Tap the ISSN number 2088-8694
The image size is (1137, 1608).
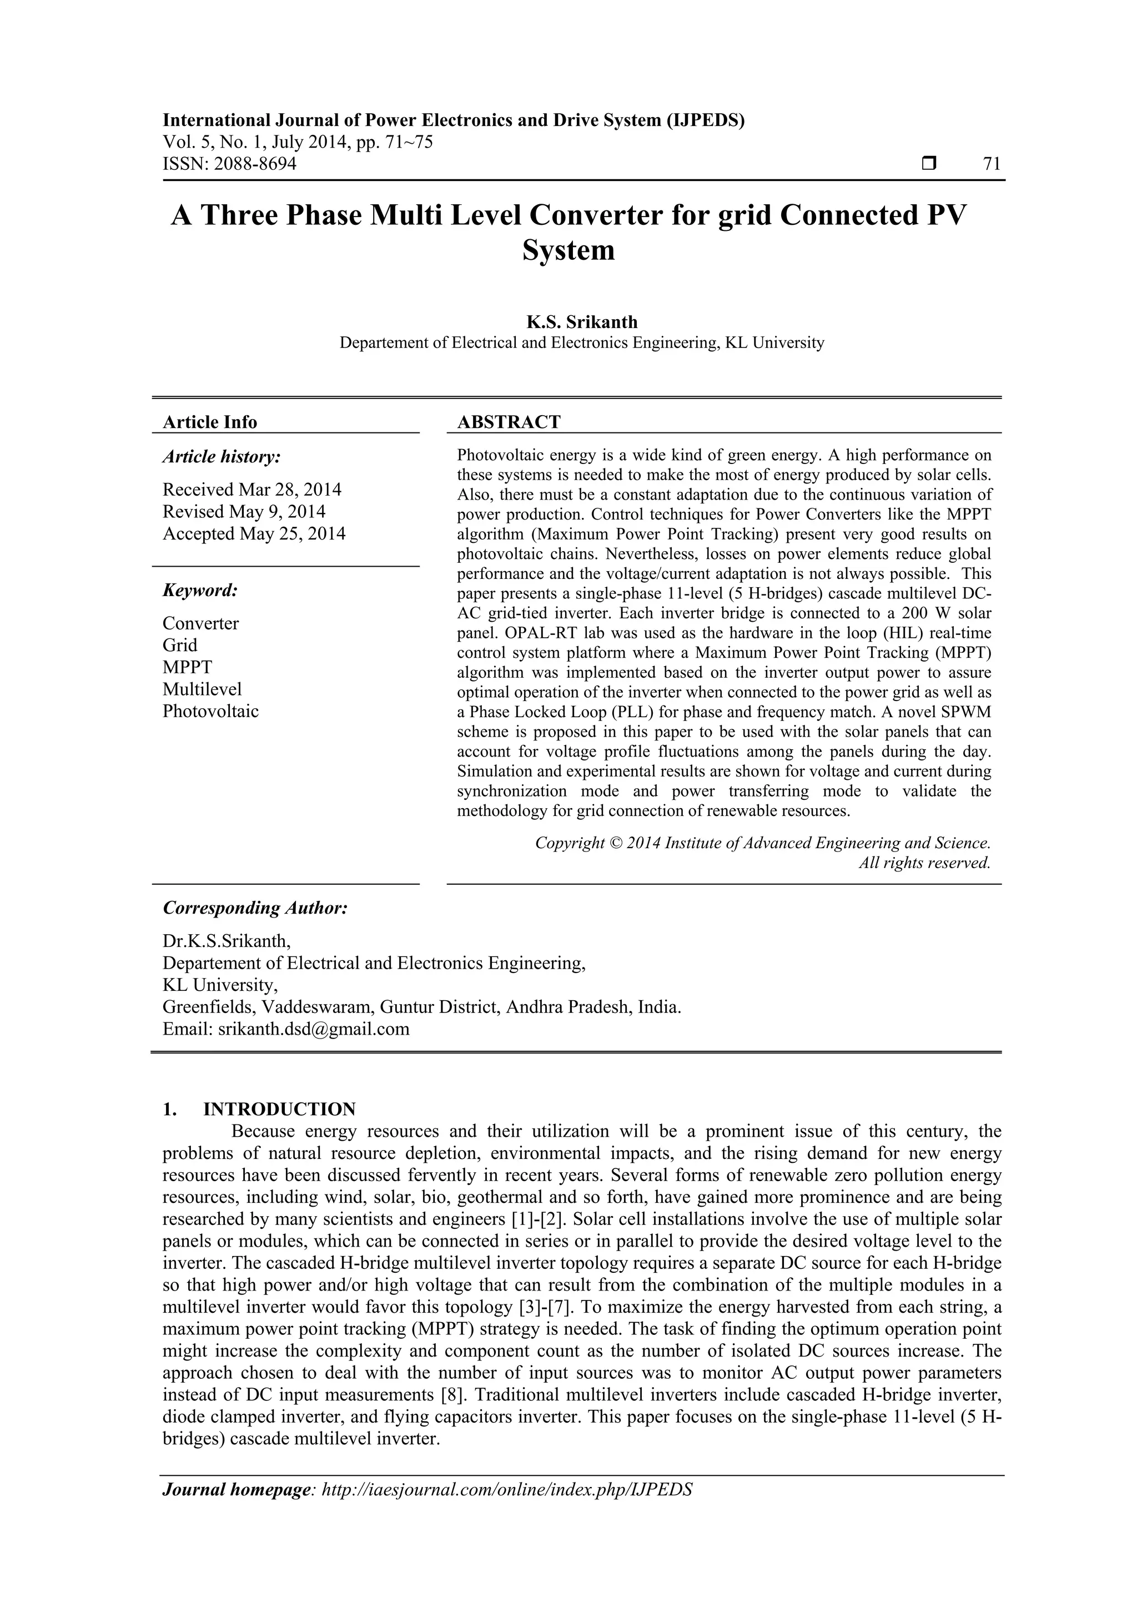tap(255, 164)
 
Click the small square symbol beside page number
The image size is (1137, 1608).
tap(929, 164)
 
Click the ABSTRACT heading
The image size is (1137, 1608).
tap(509, 422)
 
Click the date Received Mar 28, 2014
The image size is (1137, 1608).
tap(252, 489)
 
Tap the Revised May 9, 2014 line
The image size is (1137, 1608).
tap(244, 511)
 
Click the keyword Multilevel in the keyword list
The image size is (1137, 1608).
tap(202, 689)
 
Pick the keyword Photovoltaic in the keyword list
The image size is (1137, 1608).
tap(210, 711)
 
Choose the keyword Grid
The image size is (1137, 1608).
tap(179, 645)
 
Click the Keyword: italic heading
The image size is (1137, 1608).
tap(200, 591)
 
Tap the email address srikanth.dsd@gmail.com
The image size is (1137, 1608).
tap(313, 1029)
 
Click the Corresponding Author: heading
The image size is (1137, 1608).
tap(255, 909)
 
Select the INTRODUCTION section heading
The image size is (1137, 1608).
tap(279, 1110)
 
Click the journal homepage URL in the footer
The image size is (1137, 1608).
tap(506, 1509)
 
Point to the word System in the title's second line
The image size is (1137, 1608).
tap(568, 251)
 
